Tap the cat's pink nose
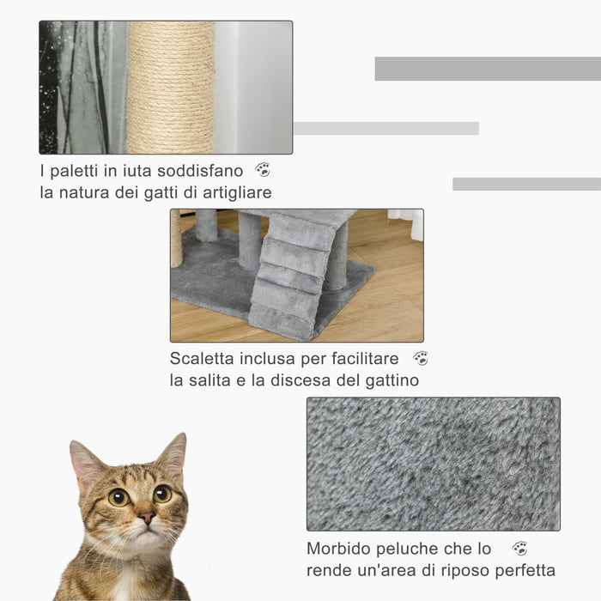tap(147, 519)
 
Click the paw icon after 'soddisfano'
tap(263, 170)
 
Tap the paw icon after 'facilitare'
tap(420, 358)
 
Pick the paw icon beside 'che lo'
tap(519, 548)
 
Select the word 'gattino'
tap(392, 380)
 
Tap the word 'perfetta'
tap(523, 570)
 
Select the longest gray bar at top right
tap(487, 69)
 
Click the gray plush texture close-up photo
tap(433, 464)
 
